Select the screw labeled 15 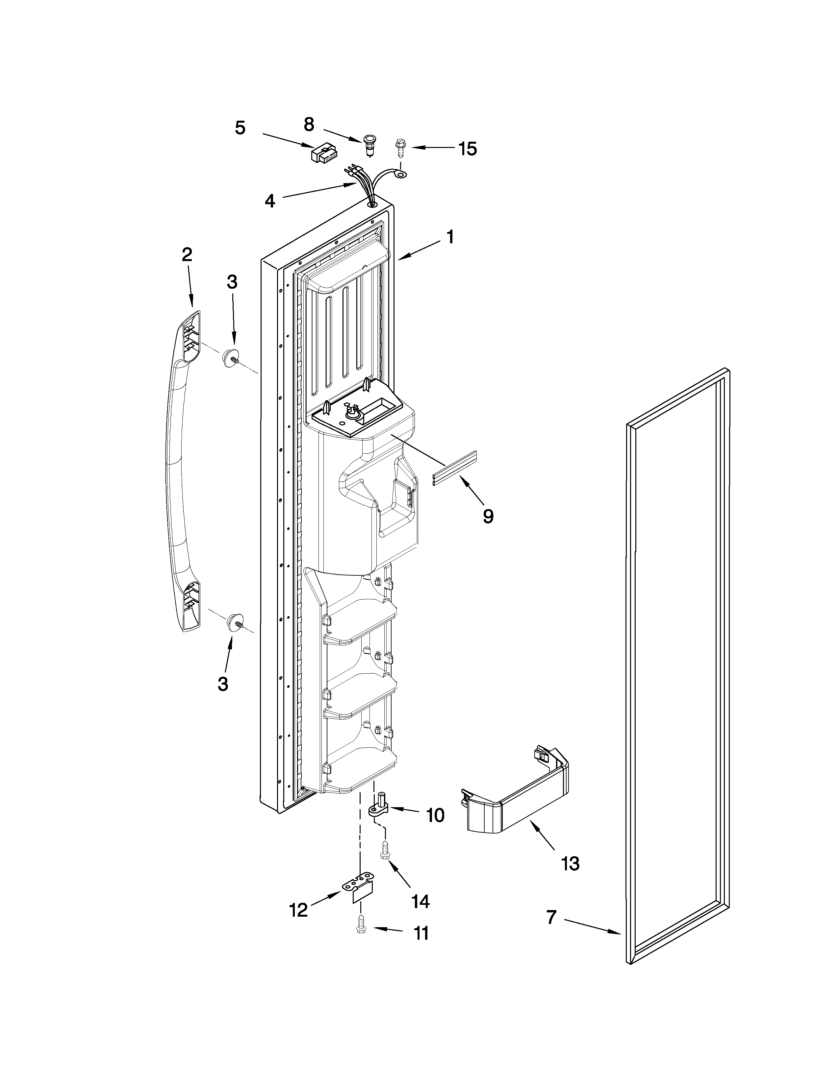pyautogui.click(x=399, y=148)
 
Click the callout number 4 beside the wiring pyautogui.click(x=269, y=201)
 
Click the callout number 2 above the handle pyautogui.click(x=187, y=254)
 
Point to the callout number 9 pyautogui.click(x=488, y=517)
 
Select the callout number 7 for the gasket pyautogui.click(x=551, y=917)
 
